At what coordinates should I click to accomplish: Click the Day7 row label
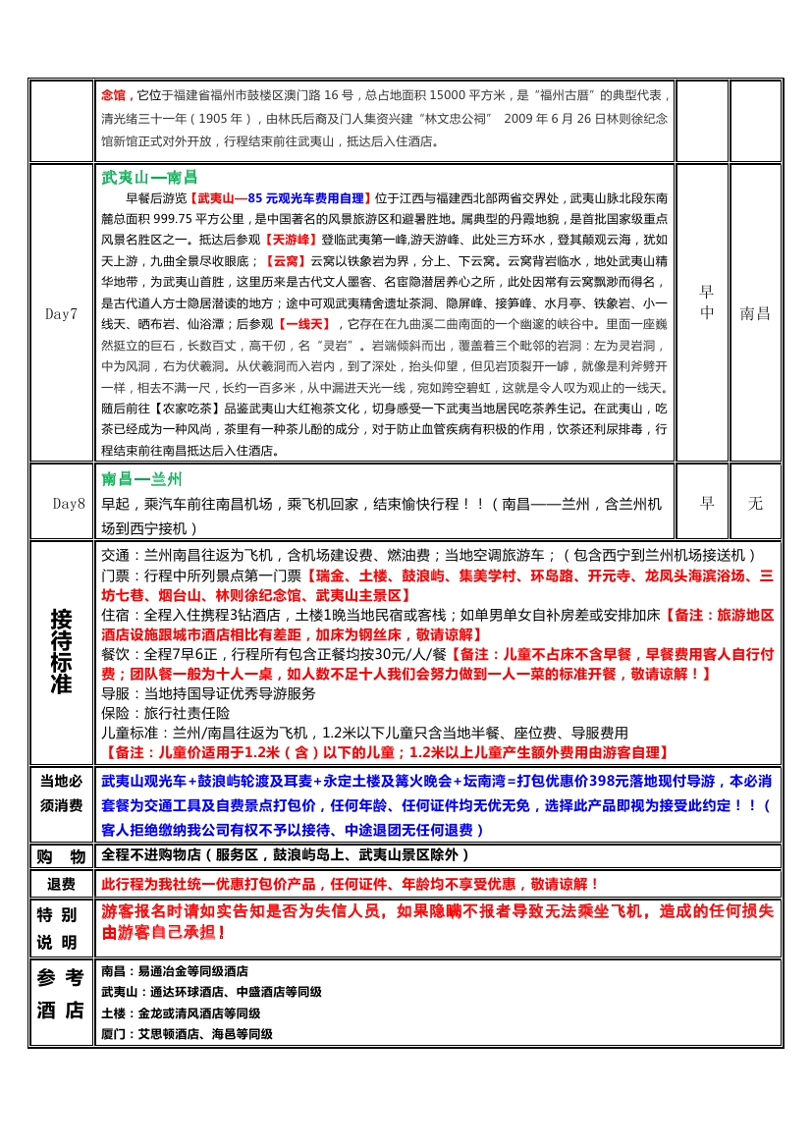[61, 314]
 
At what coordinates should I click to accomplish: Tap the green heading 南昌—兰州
[141, 479]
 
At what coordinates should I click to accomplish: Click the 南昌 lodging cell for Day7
[755, 314]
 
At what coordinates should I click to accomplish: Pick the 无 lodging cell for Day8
[755, 504]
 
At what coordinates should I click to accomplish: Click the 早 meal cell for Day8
[706, 504]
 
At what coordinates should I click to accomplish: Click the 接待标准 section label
[62, 651]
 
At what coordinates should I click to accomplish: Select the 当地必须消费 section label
[62, 793]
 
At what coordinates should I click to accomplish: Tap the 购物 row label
[62, 855]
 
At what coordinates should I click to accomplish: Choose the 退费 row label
[62, 885]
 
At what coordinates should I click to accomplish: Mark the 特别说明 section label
[62, 928]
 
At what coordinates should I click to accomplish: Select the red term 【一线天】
[306, 324]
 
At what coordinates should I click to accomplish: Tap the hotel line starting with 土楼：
[181, 1013]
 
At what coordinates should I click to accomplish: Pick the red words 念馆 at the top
[113, 95]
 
